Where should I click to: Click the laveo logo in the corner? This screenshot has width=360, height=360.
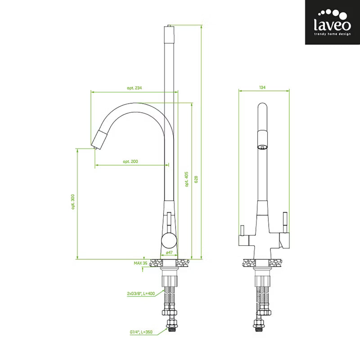point(332,22)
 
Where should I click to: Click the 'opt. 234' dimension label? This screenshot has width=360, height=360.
point(134,88)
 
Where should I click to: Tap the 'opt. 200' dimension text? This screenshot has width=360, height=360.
point(130,162)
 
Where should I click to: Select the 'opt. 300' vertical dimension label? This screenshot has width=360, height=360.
point(73,202)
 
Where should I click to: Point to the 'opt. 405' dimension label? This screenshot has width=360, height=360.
point(187,179)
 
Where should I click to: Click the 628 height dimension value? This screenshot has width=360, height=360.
point(196,179)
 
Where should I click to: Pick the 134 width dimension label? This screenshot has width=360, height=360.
point(262,87)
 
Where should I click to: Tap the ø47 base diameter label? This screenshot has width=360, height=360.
point(169,252)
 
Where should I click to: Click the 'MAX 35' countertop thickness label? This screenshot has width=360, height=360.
point(140,263)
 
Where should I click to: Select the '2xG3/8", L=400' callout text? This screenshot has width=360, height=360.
point(141,293)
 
